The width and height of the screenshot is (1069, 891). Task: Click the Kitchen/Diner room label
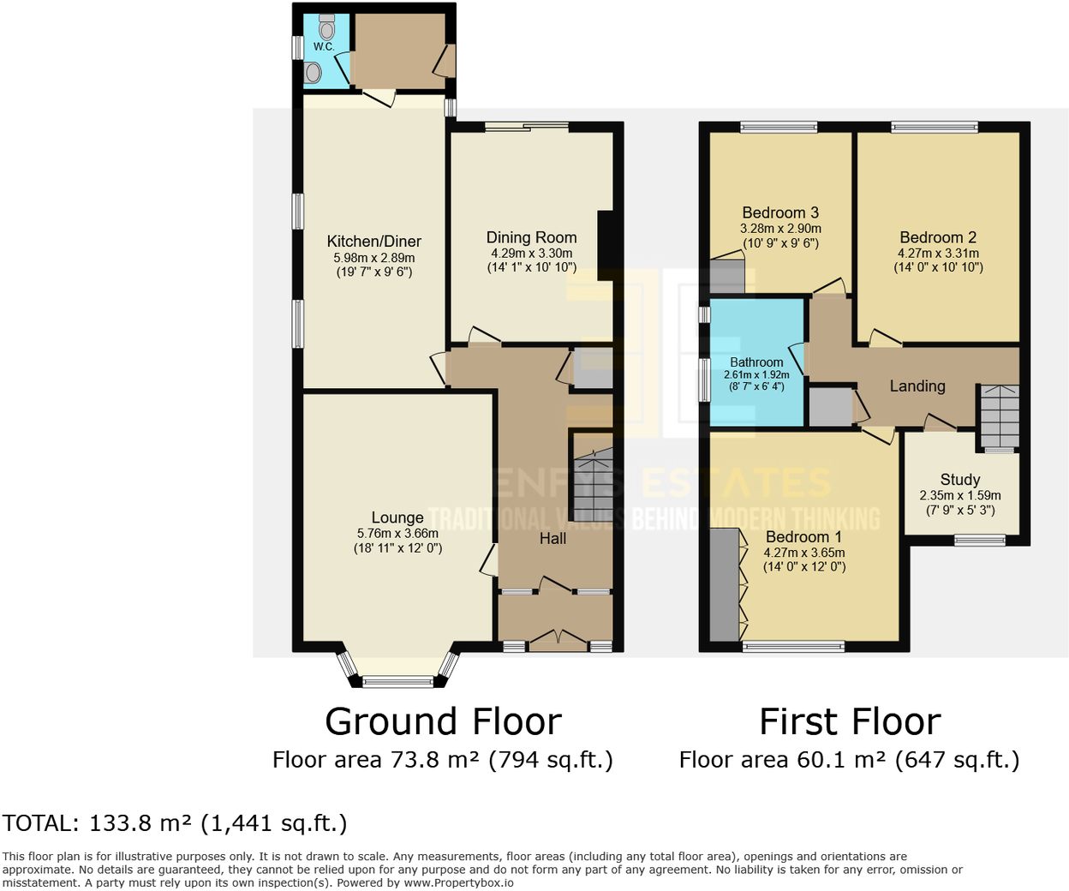(373, 242)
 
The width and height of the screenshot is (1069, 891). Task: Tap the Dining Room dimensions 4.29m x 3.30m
(531, 254)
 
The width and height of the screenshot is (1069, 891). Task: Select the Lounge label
(397, 517)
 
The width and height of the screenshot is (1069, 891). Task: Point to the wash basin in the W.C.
(314, 74)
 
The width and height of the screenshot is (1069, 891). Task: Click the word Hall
(552, 539)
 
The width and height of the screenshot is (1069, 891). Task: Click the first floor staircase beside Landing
(1000, 416)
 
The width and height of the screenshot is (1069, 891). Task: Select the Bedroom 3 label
(780, 212)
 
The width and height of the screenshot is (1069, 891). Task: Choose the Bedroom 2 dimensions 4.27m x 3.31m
(938, 254)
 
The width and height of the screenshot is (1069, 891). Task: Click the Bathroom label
(756, 362)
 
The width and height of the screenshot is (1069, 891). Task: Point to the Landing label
(917, 386)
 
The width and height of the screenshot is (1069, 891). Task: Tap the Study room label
(959, 480)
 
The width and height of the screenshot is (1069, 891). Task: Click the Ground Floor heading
(443, 721)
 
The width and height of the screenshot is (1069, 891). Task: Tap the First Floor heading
(850, 721)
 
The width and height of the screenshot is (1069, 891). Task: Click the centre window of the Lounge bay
(397, 682)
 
